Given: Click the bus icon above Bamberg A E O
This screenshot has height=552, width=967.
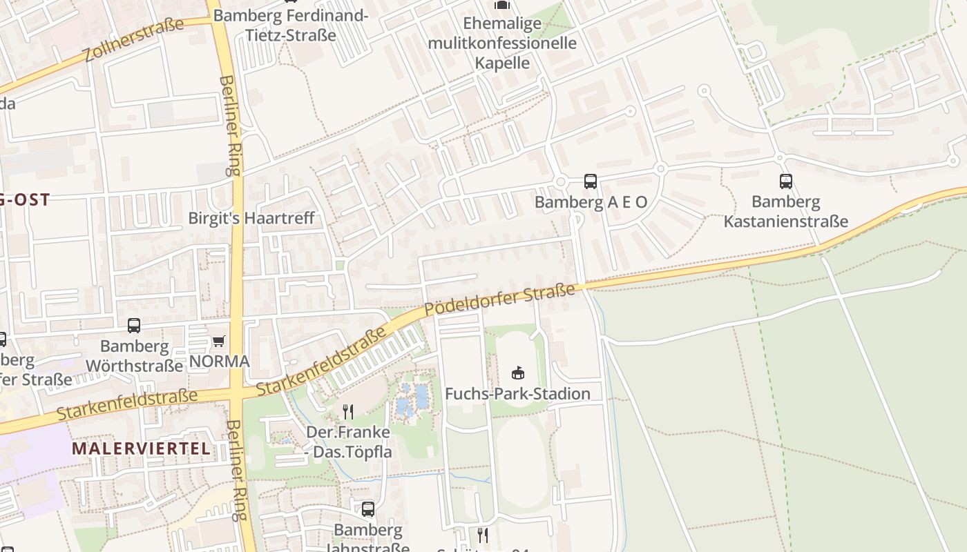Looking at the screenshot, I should (x=591, y=181).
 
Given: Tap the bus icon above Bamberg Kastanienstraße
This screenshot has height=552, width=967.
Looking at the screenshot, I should (x=786, y=181).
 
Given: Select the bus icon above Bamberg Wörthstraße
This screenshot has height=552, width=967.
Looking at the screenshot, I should (x=134, y=325).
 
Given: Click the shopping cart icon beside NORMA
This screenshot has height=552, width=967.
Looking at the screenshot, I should (x=219, y=340).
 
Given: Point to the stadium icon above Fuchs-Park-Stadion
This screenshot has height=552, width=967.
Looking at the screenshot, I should (x=517, y=373).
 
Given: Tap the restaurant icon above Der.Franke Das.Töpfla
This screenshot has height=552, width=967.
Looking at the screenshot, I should (x=348, y=412).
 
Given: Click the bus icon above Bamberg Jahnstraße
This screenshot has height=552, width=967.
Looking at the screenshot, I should (x=368, y=509).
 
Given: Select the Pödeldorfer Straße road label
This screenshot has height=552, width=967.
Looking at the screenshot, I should (x=499, y=300).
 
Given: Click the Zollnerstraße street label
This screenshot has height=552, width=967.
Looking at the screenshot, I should (x=134, y=39).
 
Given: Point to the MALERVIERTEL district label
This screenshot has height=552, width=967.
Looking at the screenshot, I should (x=141, y=448).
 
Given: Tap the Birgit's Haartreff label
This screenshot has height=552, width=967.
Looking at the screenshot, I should (x=251, y=218).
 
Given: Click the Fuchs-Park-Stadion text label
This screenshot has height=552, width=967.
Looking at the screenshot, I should (x=517, y=394).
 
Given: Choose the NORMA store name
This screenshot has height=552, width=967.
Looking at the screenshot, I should (x=220, y=362).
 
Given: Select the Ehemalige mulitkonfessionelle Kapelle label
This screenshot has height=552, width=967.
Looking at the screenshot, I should (x=502, y=43).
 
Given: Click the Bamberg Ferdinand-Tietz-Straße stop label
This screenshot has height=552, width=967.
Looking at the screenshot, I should (x=291, y=25).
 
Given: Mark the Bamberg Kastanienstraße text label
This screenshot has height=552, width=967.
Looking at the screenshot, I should (x=786, y=212).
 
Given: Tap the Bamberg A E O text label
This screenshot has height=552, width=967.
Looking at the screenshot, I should (x=591, y=202).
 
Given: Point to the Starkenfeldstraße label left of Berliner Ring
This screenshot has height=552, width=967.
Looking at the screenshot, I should (x=127, y=405).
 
